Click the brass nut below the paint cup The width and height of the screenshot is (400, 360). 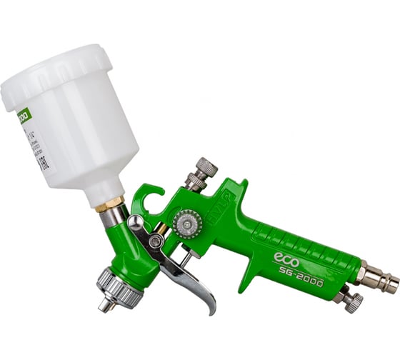click(x=109, y=204)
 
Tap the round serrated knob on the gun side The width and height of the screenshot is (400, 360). click(x=188, y=224)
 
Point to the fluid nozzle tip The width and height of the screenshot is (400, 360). click(x=104, y=305)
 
